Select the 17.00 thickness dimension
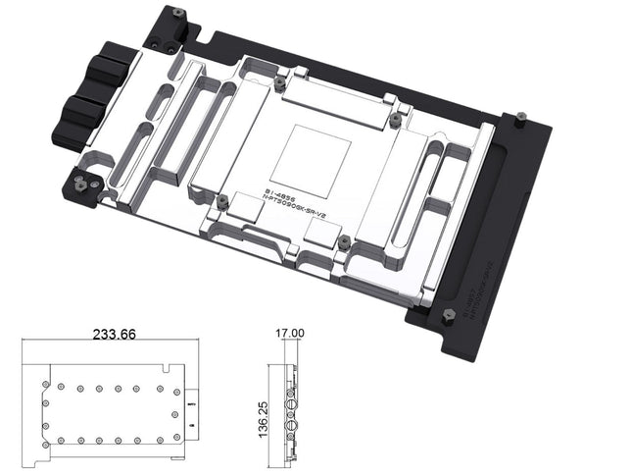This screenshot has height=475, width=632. coord(290,334)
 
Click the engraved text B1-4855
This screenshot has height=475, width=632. coord(283,185)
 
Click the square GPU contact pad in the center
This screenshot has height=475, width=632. coord(316,154)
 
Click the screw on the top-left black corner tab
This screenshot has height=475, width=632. coord(177,13)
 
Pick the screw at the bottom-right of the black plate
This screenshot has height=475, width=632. coord(448,315)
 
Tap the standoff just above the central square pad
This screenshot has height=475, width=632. coord(279,83)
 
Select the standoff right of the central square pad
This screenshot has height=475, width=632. coord(395,119)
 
